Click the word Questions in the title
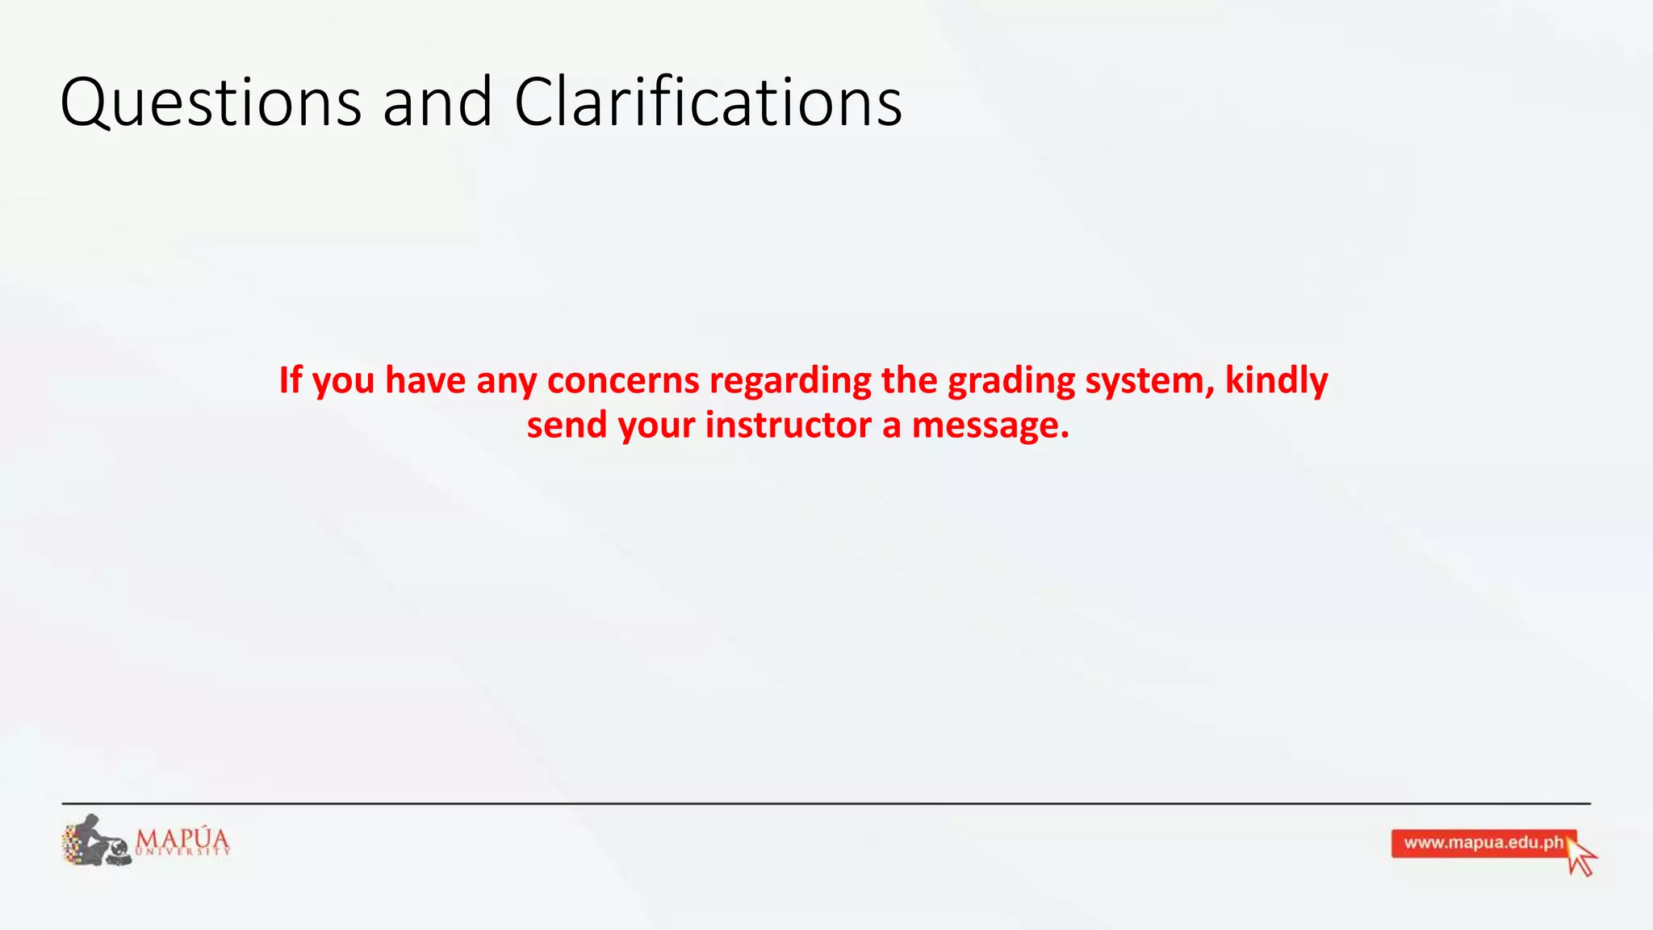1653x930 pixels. (211, 103)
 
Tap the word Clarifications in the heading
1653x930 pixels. (708, 103)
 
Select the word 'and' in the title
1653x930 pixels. (437, 103)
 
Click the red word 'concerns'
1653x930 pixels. (623, 380)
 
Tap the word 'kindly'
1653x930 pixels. (1276, 380)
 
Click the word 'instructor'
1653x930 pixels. (789, 425)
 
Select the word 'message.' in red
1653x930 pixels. (990, 425)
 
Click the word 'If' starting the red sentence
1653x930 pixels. (290, 380)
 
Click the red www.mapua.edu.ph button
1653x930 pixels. (1482, 844)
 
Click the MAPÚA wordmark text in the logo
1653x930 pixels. (182, 837)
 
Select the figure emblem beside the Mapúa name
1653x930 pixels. (96, 841)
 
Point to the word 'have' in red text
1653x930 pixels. (425, 380)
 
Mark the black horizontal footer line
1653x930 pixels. (826, 803)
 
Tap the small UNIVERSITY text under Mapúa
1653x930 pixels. (183, 852)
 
